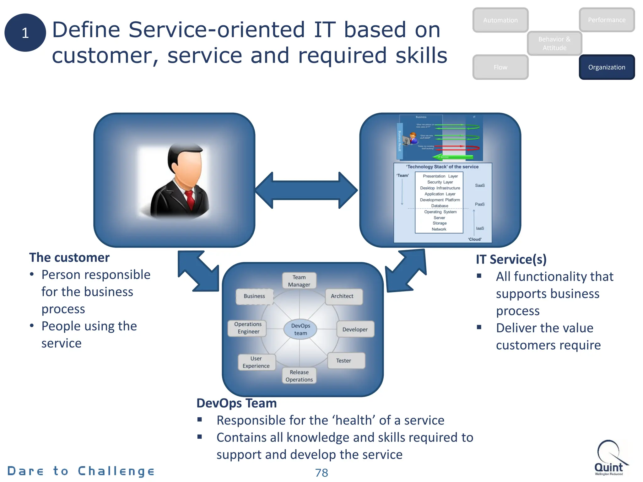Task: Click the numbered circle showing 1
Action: click(x=25, y=33)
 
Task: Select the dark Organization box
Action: click(x=607, y=67)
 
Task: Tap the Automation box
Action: click(x=500, y=20)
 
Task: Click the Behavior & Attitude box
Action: click(x=554, y=43)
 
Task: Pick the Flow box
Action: click(x=500, y=67)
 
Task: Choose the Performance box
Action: click(x=607, y=20)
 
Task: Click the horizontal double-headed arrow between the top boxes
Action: click(x=306, y=190)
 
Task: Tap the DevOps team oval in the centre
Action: click(x=300, y=329)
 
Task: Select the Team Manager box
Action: click(x=299, y=281)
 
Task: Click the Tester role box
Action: click(x=346, y=361)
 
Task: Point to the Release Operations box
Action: click(x=299, y=376)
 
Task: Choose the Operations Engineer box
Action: click(x=248, y=328)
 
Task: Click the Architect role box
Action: click(x=343, y=296)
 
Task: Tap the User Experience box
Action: click(x=256, y=362)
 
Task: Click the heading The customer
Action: click(x=69, y=258)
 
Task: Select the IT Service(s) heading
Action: click(x=511, y=260)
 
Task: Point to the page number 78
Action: click(x=321, y=473)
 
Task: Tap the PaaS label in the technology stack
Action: click(x=479, y=204)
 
